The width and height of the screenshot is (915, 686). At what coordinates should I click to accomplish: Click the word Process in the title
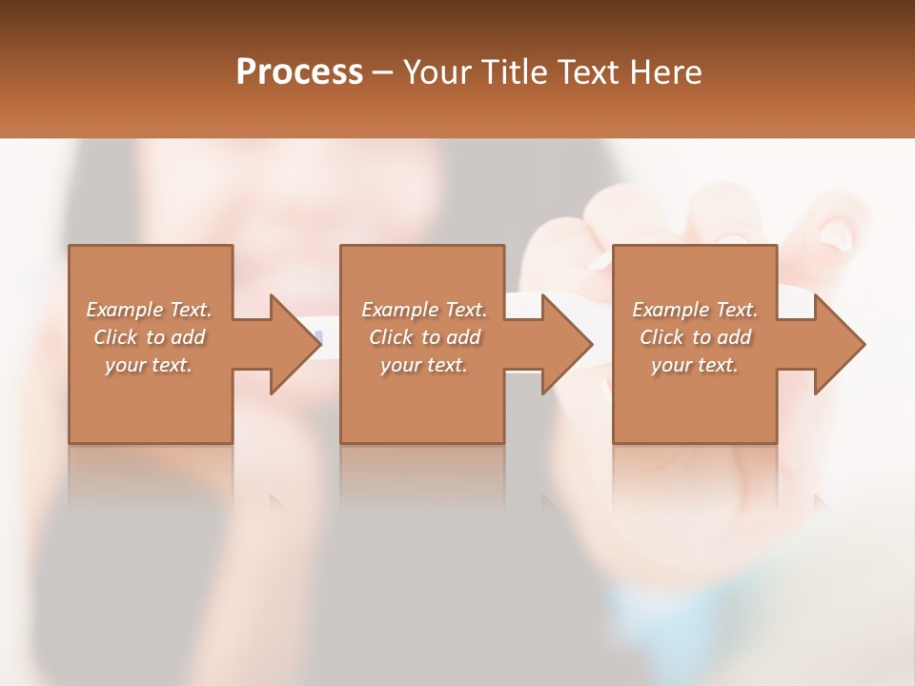click(x=299, y=71)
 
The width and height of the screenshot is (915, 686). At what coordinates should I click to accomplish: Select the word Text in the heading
click(x=588, y=71)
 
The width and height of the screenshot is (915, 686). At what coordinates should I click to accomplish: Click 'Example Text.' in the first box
click(x=149, y=310)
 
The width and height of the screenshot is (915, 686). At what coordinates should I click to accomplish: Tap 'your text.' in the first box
click(x=149, y=365)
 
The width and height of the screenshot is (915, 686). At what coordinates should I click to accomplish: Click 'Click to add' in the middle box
click(x=424, y=337)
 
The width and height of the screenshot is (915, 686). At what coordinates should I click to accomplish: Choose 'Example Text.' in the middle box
click(x=424, y=310)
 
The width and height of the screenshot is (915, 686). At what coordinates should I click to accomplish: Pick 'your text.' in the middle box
click(x=424, y=365)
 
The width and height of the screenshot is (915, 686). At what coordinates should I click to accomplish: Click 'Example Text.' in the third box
click(x=695, y=310)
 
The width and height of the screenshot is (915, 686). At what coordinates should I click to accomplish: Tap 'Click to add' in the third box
click(x=695, y=337)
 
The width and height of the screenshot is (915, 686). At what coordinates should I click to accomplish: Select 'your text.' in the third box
click(x=695, y=365)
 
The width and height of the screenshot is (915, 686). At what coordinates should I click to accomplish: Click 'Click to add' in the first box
click(x=149, y=337)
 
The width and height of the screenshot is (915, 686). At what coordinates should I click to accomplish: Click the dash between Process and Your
click(x=383, y=72)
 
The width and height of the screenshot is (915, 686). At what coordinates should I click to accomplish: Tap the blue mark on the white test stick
click(x=318, y=337)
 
